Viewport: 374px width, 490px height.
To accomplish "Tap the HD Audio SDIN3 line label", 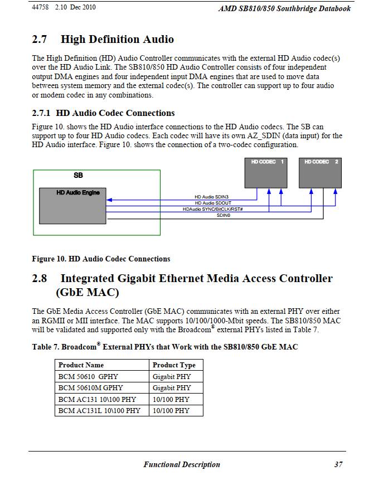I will point(212,197).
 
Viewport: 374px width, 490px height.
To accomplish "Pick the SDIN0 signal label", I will point(224,215).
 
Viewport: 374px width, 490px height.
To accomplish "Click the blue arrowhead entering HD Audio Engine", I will point(109,200).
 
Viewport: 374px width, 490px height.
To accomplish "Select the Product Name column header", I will point(81,365).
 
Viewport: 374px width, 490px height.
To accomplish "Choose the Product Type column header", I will point(174,365).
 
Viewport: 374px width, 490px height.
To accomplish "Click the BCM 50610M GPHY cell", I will point(91,387).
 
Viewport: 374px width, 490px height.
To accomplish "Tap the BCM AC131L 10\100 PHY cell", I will point(99,410).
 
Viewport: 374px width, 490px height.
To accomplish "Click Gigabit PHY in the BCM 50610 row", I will point(172,376).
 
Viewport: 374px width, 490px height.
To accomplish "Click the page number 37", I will point(338,464).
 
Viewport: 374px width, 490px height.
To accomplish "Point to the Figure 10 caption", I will point(101,259).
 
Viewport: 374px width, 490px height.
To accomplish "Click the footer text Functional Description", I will point(182,464).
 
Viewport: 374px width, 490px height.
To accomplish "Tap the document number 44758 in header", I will point(41,8).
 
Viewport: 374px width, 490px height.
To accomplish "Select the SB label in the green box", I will point(79,175).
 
